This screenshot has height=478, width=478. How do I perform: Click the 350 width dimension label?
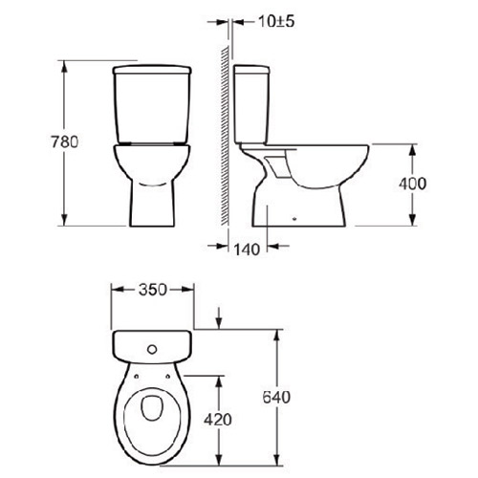click(153, 287)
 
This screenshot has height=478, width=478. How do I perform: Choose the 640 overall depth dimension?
click(277, 397)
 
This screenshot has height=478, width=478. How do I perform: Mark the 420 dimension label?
click(221, 417)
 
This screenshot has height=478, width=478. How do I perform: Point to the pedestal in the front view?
click(153, 201)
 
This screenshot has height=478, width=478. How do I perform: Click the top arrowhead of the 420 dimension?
click(221, 376)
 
